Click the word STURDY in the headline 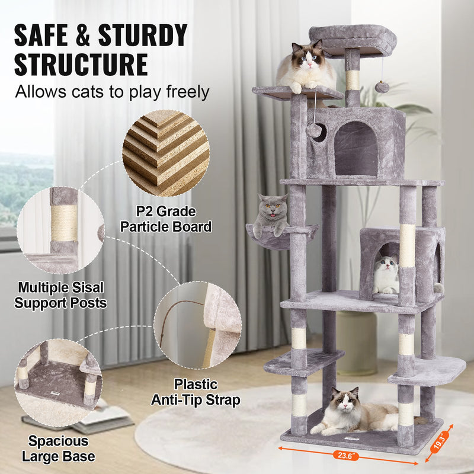(x=143, y=35)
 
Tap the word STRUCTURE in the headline (x=81, y=65)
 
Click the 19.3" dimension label (x=439, y=442)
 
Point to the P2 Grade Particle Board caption (x=166, y=219)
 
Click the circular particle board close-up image (x=166, y=153)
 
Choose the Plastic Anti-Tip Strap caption (x=196, y=392)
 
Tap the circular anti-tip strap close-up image (x=198, y=325)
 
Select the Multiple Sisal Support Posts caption (x=60, y=295)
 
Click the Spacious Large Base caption (x=58, y=449)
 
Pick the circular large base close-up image (x=58, y=383)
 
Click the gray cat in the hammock (x=270, y=214)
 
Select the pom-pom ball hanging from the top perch (x=382, y=87)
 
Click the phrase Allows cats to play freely (x=112, y=92)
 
